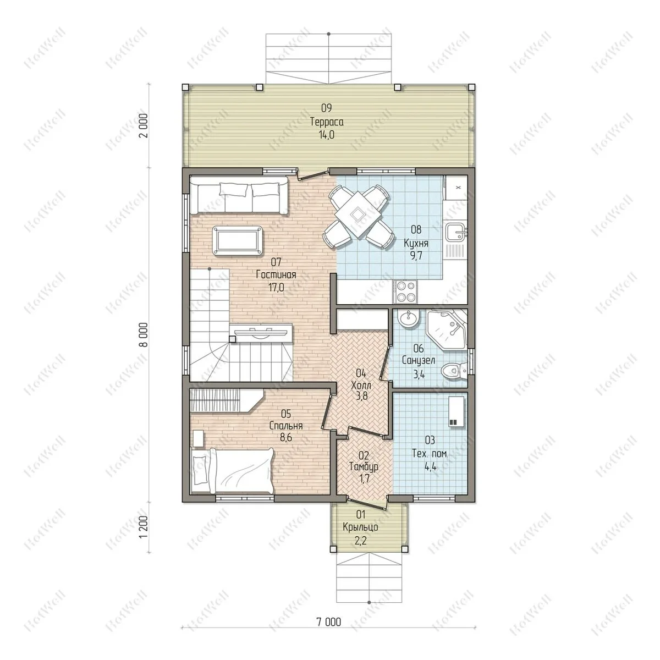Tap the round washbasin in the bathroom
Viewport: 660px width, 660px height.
click(409, 319)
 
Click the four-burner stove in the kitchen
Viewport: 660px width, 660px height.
click(405, 291)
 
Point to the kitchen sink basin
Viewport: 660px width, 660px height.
click(456, 233)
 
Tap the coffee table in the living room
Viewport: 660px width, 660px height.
click(238, 240)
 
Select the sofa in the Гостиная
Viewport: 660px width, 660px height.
click(239, 195)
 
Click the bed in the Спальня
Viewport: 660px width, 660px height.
click(233, 471)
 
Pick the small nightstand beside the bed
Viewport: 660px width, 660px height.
click(199, 438)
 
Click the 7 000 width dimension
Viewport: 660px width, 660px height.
click(329, 621)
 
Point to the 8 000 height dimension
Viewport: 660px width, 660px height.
click(144, 334)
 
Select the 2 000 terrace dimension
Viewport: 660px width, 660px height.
click(144, 125)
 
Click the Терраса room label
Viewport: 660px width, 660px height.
click(327, 122)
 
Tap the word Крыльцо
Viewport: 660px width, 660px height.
click(360, 527)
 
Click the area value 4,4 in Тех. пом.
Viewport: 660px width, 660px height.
click(430, 466)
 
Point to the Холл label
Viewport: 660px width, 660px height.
click(361, 385)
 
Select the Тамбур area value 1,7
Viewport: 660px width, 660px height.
click(365, 478)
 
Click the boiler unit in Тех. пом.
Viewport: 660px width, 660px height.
click(457, 411)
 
